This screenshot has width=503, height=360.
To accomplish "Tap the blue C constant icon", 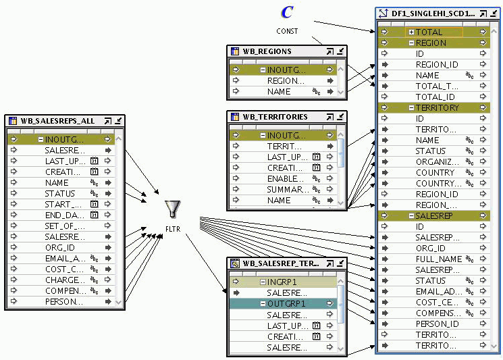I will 287,12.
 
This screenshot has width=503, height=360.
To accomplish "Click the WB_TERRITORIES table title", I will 275,117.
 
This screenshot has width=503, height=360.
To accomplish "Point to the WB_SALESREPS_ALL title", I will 57,121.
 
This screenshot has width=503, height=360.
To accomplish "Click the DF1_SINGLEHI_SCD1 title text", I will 433,13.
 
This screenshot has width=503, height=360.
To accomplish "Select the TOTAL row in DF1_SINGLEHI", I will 429,32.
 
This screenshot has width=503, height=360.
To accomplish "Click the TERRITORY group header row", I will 437,107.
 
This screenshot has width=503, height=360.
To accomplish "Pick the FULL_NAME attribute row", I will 438,259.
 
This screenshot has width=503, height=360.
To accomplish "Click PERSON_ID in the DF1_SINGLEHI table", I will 438,324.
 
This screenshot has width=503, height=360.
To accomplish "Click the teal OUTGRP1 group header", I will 287,304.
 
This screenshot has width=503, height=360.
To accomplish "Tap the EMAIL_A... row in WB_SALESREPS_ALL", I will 64,258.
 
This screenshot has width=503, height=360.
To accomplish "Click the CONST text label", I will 287,31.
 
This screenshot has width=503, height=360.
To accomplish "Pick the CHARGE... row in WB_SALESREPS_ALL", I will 64,280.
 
